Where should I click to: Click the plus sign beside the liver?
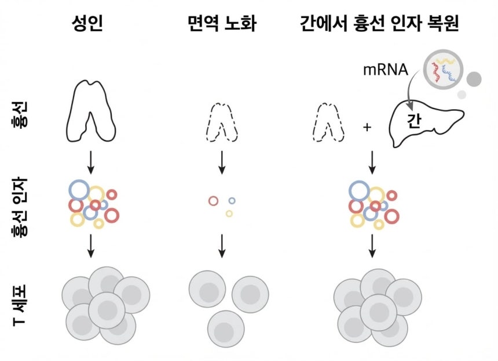[367, 125]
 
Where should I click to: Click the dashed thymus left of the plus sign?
[328, 122]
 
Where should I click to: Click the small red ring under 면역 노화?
[213, 201]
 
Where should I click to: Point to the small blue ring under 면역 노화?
[232, 201]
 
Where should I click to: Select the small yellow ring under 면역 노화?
[229, 214]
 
